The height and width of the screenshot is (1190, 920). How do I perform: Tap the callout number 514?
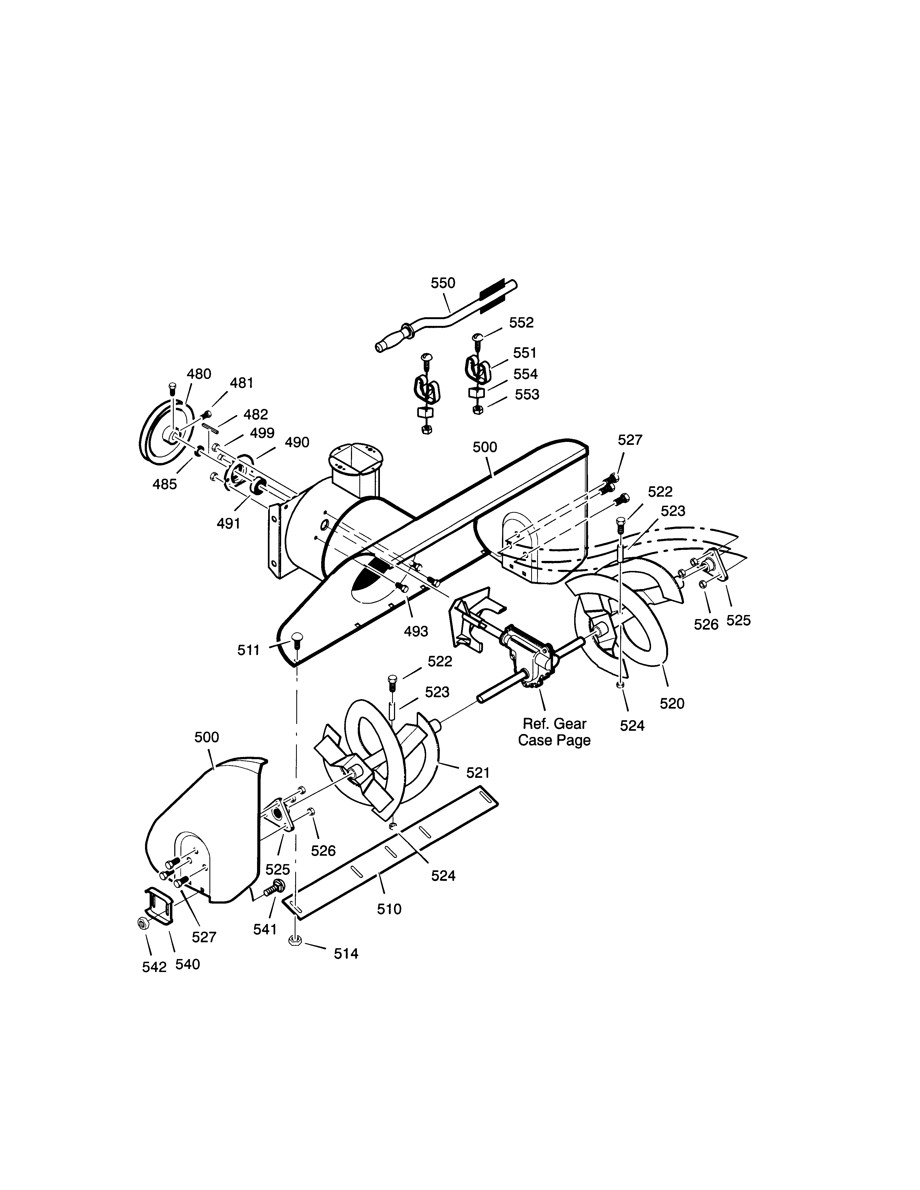tap(346, 954)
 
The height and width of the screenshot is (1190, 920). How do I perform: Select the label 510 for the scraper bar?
tap(389, 909)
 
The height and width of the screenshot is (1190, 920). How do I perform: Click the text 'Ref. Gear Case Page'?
tap(554, 732)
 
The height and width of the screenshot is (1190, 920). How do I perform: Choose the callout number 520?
tap(672, 703)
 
